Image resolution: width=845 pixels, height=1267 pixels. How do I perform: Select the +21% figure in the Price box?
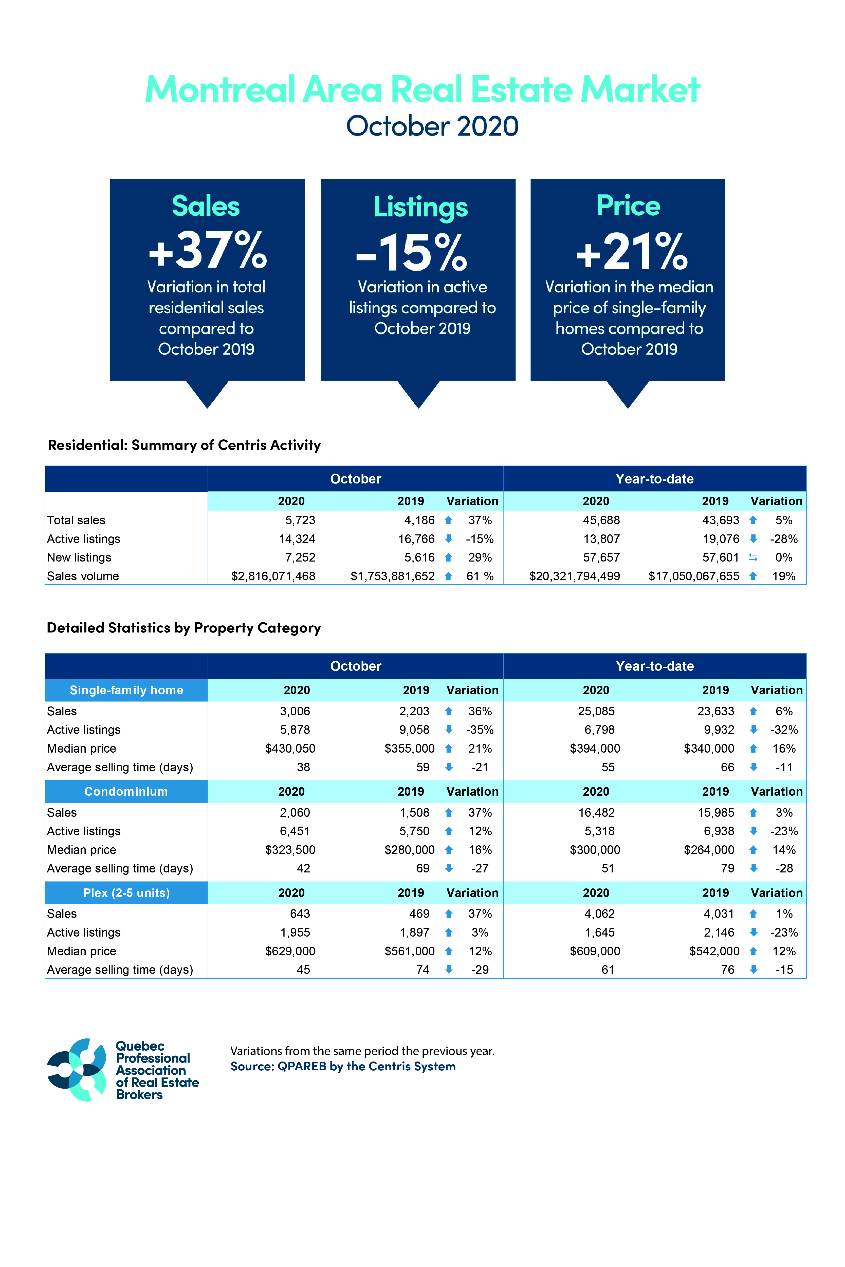632,251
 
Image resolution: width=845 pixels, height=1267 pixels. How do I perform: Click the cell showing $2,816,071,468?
273,576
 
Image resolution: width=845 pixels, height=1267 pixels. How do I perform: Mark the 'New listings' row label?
79,557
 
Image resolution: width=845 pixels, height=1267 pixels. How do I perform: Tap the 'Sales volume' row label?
83,576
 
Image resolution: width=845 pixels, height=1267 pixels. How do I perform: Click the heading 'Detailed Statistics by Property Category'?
184,628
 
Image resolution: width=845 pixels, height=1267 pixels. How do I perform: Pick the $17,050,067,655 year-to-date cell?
694,576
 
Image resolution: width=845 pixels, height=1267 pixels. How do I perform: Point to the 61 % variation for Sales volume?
480,576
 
